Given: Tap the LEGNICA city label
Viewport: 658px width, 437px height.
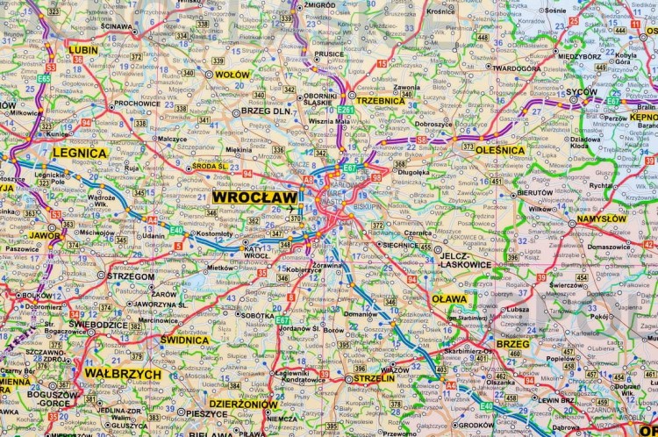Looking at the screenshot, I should (x=80, y=153).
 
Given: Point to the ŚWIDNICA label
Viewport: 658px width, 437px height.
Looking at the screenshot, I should (x=183, y=339).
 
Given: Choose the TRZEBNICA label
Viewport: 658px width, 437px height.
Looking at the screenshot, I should (x=381, y=101).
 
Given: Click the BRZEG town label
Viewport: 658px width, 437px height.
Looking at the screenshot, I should (x=513, y=344).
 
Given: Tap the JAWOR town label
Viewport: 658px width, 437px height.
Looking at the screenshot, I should (x=44, y=235).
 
